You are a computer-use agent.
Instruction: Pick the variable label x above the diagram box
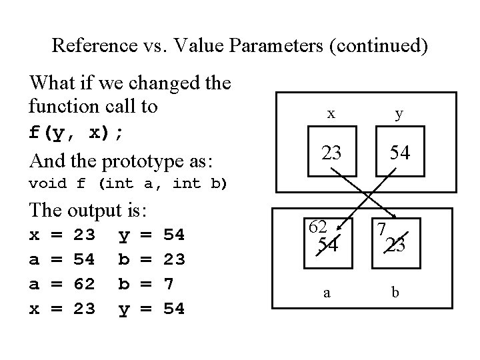pos(331,114)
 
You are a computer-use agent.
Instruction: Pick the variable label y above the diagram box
pos(399,114)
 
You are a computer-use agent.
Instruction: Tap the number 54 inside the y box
pos(399,153)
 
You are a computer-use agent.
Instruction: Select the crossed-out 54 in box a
pos(328,245)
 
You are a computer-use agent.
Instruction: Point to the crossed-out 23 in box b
pos(397,245)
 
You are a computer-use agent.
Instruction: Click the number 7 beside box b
pos(381,229)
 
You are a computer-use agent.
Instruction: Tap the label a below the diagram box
pos(326,292)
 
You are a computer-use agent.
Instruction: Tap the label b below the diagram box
pos(396,292)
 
